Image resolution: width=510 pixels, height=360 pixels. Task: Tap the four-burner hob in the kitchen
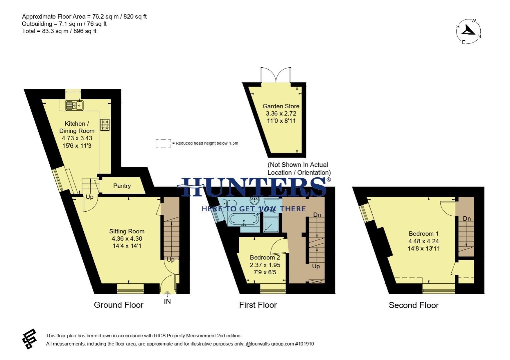click(105, 125)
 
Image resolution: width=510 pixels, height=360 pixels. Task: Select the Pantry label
click(122, 186)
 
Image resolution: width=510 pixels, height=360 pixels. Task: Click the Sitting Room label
click(127, 231)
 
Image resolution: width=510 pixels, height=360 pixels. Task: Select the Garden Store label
click(281, 106)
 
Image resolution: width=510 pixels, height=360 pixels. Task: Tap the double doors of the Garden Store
click(276, 75)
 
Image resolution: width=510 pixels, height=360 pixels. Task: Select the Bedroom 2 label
click(265, 257)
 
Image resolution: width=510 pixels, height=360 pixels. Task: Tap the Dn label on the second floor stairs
click(467, 219)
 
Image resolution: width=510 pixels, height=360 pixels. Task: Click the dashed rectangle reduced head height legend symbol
click(163, 143)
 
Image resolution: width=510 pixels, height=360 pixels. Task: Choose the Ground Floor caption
click(118, 305)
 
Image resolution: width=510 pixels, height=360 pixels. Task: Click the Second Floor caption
click(414, 305)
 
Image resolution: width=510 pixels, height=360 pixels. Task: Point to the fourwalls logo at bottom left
click(29, 339)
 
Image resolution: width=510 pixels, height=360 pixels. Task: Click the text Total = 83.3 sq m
click(59, 31)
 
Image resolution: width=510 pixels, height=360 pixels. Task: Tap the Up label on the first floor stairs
click(316, 266)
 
